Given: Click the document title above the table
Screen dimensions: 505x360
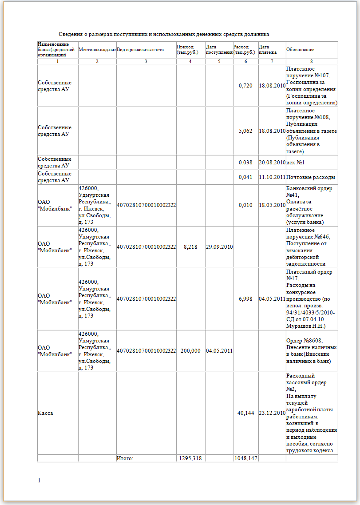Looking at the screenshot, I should click(x=164, y=34).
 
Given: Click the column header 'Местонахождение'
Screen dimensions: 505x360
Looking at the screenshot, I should click(x=97, y=50).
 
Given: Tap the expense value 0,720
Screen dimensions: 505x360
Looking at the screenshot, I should click(x=245, y=86).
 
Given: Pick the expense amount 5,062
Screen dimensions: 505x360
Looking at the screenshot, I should click(x=245, y=131).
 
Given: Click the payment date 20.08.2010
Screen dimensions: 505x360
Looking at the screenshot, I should click(x=272, y=163).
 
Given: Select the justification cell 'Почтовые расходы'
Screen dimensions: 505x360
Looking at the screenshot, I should click(x=311, y=177).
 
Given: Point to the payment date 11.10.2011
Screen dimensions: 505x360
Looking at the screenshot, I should click(x=272, y=177).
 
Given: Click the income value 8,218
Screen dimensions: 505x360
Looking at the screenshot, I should click(x=190, y=247).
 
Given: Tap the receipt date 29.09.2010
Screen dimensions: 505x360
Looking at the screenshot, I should click(x=219, y=247).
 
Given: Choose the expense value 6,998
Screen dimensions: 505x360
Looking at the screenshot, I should click(x=245, y=299).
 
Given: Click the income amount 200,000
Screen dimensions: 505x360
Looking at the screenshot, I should click(x=190, y=351).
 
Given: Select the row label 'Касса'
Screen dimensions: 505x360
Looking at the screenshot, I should click(x=45, y=413).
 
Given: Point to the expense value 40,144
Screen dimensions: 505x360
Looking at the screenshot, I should click(x=245, y=413).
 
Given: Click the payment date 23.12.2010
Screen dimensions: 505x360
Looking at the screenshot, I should click(x=272, y=413).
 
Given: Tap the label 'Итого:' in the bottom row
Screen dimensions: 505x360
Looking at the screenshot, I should click(x=125, y=458).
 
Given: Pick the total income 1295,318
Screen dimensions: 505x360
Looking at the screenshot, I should click(x=190, y=458).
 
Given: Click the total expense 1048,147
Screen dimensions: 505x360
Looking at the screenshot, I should click(x=245, y=458).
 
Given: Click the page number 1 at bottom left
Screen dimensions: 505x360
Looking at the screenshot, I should click(x=39, y=481).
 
